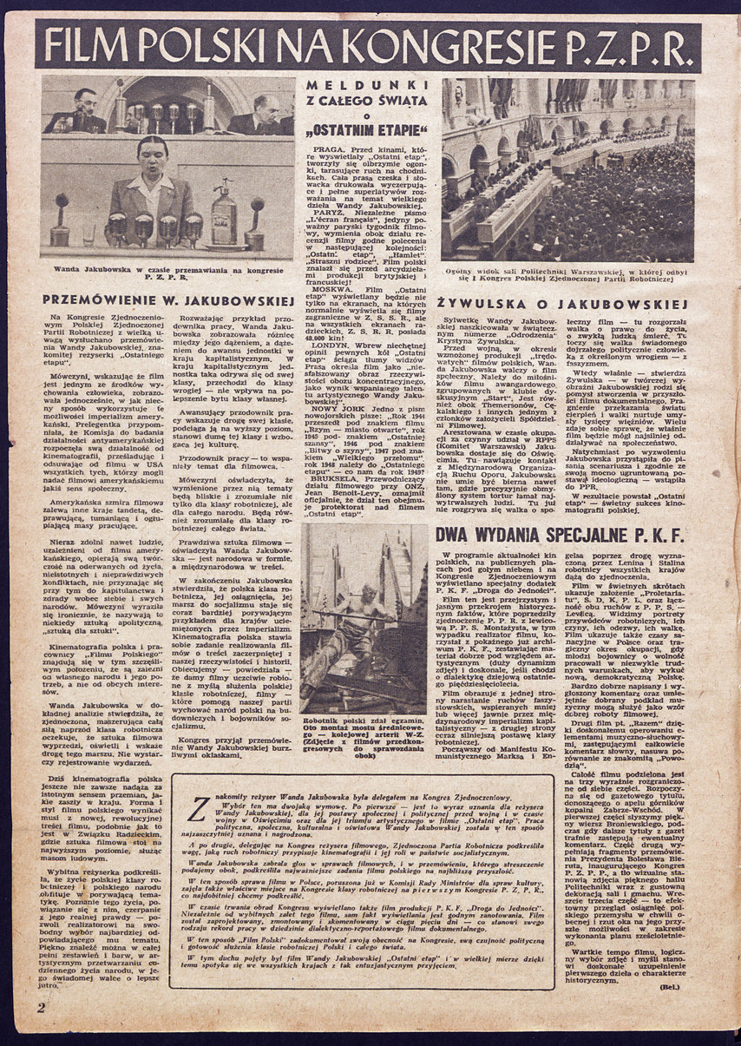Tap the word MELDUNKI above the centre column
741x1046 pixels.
coord(365,84)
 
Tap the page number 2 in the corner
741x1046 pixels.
coord(40,1007)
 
